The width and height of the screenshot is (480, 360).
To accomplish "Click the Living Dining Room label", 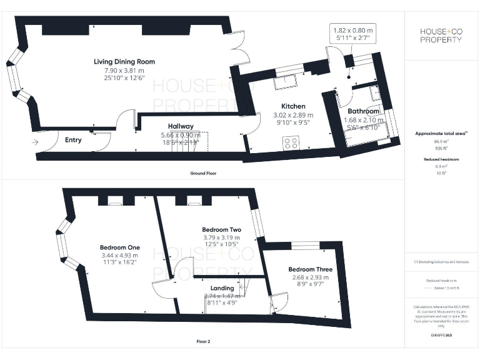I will tap(124, 62).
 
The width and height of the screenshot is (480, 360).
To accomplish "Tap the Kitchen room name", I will tap(293, 106).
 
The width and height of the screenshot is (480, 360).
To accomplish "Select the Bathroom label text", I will tap(363, 111).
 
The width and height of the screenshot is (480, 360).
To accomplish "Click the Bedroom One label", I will tap(119, 246).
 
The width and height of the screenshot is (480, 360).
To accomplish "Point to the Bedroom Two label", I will tap(221, 229).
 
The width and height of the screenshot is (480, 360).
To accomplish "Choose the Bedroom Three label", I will tap(306, 269).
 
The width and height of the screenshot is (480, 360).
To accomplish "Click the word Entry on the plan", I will tap(73, 140).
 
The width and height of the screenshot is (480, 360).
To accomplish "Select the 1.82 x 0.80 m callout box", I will tap(353, 34).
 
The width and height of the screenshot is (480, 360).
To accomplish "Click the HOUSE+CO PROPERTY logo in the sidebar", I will tap(442, 36).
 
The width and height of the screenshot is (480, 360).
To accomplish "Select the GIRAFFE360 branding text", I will tap(441, 336).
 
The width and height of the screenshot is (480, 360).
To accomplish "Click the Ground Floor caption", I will tap(204, 173).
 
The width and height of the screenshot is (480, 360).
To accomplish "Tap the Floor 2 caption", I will tap(203, 342).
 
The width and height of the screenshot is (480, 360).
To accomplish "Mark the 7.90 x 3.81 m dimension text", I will tap(124, 71).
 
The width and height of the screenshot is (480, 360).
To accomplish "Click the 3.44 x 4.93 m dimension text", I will tap(119, 255).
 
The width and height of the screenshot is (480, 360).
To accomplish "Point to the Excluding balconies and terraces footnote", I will tap(442, 261).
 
